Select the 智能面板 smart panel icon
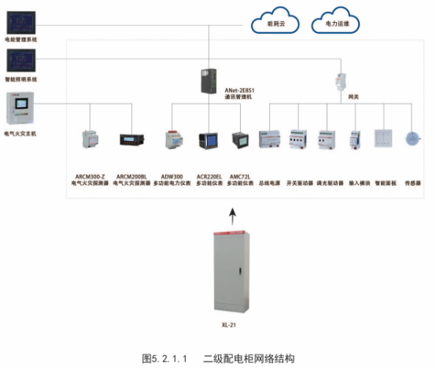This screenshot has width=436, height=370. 382,140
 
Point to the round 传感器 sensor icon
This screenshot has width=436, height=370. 412,140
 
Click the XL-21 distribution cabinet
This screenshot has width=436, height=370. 231,270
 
